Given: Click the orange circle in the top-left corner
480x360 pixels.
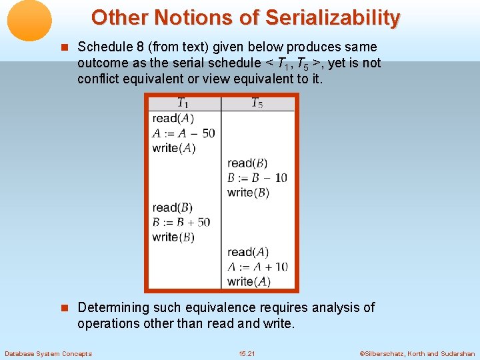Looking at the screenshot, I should coord(29,20).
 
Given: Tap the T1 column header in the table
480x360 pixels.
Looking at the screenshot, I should coord(183,103).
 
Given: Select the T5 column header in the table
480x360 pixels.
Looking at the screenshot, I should coord(257,103).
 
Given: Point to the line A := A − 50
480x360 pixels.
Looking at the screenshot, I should coord(183,133).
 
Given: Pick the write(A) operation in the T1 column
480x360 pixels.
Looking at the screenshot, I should coord(174,147).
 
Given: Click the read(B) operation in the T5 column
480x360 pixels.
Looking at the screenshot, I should coord(247,163).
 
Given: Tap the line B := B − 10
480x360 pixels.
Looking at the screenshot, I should coord(257,177).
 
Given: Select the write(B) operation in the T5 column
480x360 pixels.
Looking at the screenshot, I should coord(248,192).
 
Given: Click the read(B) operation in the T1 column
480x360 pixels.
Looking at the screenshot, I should coord(173,207).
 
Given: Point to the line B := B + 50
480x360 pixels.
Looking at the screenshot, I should coord(181,222).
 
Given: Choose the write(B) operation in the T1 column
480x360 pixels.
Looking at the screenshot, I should coord(173,237).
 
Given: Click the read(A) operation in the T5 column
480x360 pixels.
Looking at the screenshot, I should coord(248,252).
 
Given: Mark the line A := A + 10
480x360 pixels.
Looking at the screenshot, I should coord(257,267).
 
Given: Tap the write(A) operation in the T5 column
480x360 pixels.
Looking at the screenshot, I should coord(249,281).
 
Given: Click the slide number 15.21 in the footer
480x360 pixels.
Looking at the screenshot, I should coord(246,353).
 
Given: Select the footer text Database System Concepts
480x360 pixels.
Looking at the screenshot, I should coord(48,353).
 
